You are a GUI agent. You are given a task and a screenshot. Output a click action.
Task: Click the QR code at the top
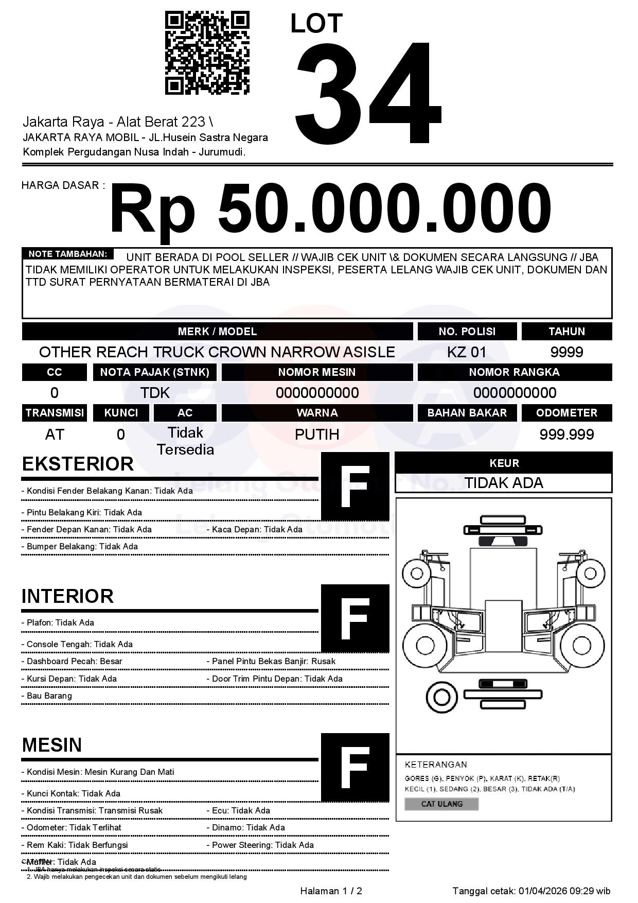pyautogui.click(x=207, y=53)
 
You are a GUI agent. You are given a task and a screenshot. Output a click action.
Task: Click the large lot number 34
pyautogui.click(x=367, y=93)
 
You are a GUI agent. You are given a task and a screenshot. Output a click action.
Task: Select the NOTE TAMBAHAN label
pyautogui.click(x=67, y=254)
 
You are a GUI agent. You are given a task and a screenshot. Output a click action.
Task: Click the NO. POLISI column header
pyautogui.click(x=467, y=331)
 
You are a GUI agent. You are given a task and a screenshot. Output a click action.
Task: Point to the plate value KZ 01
pyautogui.click(x=466, y=352)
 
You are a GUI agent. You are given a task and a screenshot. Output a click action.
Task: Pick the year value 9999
pyautogui.click(x=566, y=352)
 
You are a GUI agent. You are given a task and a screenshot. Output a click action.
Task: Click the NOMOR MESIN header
pyautogui.click(x=317, y=372)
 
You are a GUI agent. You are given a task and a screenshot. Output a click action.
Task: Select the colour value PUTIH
pyautogui.click(x=317, y=435)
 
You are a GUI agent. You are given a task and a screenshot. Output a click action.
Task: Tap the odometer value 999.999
pyautogui.click(x=566, y=435)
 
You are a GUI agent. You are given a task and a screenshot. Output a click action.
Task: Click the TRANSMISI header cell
pyautogui.click(x=55, y=412)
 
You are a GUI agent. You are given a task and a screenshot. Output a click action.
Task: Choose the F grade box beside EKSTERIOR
pyautogui.click(x=355, y=486)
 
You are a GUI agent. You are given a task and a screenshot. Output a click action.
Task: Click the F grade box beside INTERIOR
pyautogui.click(x=355, y=618)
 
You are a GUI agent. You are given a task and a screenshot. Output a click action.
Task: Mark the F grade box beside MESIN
pyautogui.click(x=355, y=767)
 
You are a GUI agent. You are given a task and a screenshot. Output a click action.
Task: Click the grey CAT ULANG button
pyautogui.click(x=441, y=804)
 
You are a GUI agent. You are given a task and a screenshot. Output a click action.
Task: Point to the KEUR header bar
pyautogui.click(x=504, y=463)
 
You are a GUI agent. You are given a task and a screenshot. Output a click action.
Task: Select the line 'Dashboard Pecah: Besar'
pyautogui.click(x=74, y=661)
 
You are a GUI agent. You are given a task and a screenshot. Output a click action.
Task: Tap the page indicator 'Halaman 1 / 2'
pyautogui.click(x=331, y=891)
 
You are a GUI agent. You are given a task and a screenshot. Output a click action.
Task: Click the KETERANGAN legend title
pyautogui.click(x=436, y=765)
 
